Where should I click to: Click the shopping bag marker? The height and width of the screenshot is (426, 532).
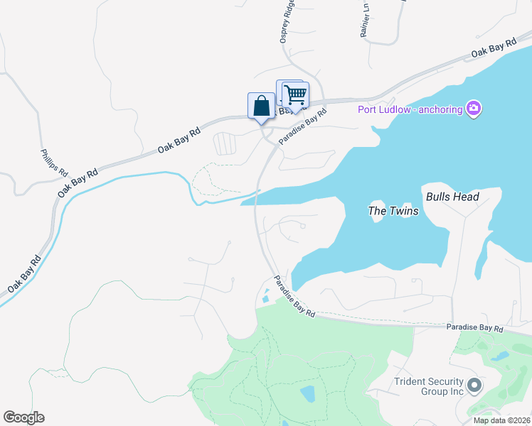261,106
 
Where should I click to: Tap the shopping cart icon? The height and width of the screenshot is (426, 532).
295,94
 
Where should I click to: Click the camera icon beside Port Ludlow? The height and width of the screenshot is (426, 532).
474,109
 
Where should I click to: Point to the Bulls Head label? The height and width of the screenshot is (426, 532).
452,197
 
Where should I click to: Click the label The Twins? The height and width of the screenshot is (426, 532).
393,211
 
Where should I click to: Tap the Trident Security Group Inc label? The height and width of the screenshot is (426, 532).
429,386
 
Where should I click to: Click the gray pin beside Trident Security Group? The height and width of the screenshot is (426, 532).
474,386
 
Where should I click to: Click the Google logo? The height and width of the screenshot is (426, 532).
23,417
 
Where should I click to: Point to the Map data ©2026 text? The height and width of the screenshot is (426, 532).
501,420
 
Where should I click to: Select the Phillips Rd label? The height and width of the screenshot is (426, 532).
53,163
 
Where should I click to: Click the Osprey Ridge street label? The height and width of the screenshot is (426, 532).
287,25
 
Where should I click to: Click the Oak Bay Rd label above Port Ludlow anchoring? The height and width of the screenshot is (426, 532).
492,50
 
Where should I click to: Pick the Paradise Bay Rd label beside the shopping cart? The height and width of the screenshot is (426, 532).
303,126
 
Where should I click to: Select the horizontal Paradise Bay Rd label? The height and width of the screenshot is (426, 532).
474,329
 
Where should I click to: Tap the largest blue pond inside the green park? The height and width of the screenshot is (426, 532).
308,393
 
